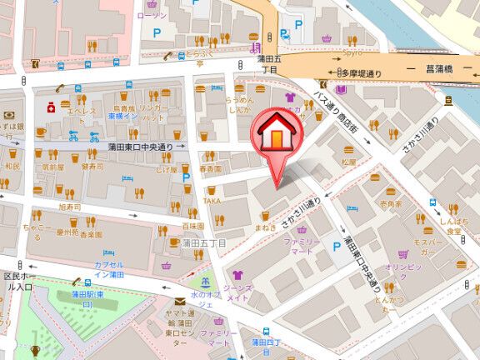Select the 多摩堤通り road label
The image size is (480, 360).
[x=360, y=73]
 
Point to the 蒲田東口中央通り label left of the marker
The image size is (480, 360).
[x=140, y=147]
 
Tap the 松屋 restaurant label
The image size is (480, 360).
[x=347, y=162]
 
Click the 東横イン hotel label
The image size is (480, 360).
[x=123, y=117]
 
